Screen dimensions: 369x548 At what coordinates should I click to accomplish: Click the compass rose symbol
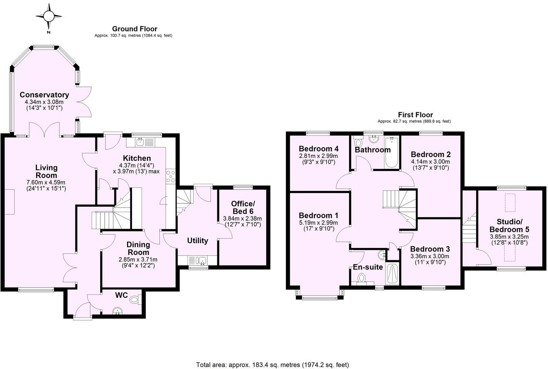pos(49,16)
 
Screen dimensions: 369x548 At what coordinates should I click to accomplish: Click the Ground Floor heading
pos(134,29)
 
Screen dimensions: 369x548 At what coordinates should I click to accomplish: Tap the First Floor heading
pos(415,115)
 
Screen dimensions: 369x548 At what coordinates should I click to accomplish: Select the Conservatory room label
pos(44,95)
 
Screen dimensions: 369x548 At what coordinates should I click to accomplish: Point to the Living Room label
pos(46,171)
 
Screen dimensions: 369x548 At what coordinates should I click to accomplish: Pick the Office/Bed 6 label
pos(242,208)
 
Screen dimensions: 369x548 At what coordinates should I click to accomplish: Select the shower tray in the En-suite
pos(392,274)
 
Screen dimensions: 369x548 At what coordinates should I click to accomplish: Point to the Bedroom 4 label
pos(318,149)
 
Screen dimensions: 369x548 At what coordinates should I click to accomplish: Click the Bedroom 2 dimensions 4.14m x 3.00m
pos(430,162)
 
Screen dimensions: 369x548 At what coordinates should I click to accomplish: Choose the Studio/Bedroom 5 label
pos(509,226)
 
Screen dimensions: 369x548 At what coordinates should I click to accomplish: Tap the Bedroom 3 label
pos(429,249)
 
